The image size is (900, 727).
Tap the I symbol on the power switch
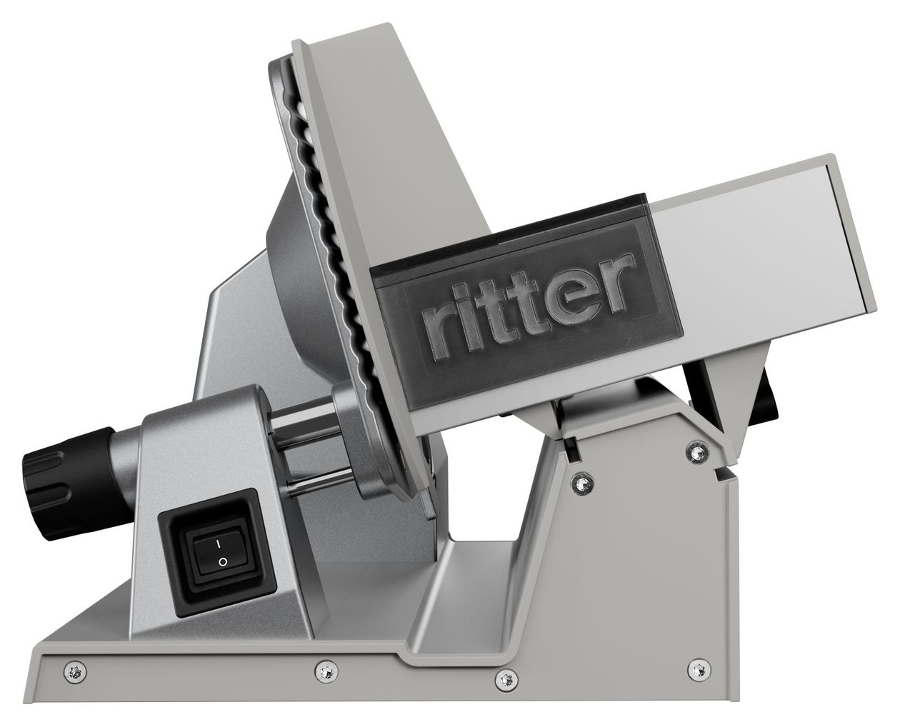(219, 543)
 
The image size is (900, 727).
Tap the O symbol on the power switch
(223, 562)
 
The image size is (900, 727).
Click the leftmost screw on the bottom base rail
(75, 671)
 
